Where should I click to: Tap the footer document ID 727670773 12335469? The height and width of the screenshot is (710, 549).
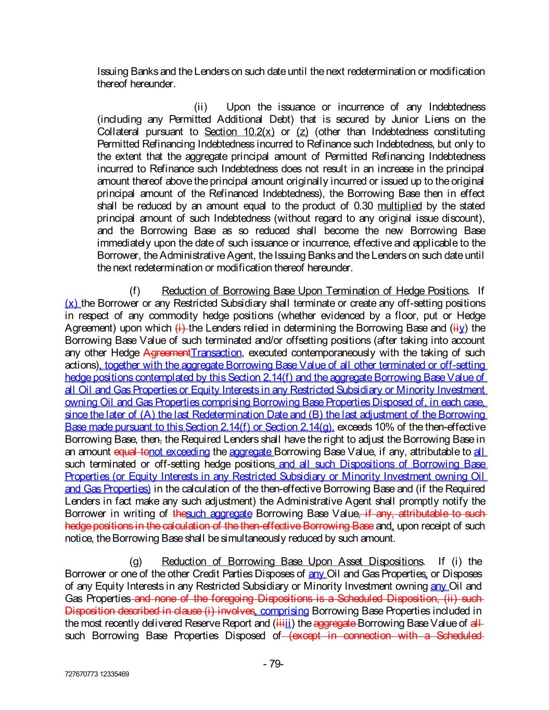click(x=97, y=674)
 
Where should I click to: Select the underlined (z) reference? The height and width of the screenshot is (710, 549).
click(x=302, y=132)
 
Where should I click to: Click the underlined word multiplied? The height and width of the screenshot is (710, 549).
click(x=399, y=206)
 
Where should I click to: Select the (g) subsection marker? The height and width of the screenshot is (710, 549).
click(x=135, y=561)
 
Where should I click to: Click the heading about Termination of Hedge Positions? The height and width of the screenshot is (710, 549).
click(x=314, y=291)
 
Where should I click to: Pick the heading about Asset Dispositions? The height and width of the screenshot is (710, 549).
click(x=292, y=561)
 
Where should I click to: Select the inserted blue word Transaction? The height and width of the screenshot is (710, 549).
click(x=216, y=353)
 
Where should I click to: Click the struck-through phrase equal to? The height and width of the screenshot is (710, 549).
click(x=131, y=452)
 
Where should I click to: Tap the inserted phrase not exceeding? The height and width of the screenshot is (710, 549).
click(x=179, y=452)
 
